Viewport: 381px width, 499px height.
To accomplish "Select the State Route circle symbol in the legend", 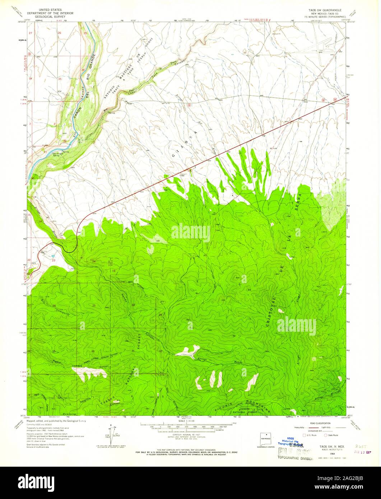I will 325,435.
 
